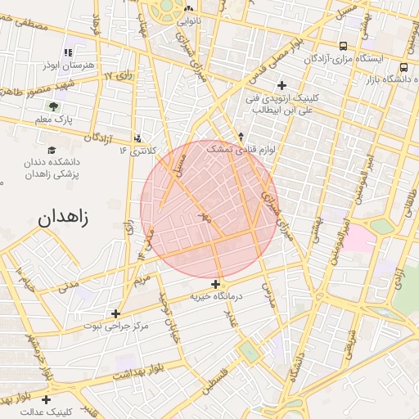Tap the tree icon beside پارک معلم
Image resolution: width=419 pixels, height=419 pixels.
[53, 106]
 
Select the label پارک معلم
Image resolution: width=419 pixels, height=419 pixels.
[54, 121]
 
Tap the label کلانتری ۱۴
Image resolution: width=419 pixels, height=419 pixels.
[137, 151]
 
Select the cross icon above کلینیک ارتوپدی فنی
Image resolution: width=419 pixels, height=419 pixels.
[282, 85]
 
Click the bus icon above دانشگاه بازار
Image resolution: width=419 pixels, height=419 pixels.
[403, 67]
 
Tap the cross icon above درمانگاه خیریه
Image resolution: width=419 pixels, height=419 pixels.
[215, 284]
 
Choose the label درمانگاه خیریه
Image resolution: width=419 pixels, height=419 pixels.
[216, 296]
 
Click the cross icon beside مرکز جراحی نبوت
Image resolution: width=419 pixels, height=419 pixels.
[115, 313]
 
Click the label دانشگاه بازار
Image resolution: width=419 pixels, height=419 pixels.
[389, 79]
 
